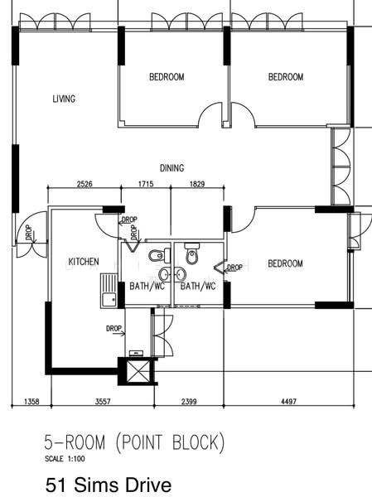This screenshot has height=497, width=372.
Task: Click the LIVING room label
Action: pyautogui.click(x=64, y=99)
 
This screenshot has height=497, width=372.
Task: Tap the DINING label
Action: pyautogui.click(x=172, y=168)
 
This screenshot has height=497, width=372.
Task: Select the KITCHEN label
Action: pyautogui.click(x=83, y=262)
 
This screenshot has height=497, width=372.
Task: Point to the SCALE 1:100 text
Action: pyautogui.click(x=64, y=458)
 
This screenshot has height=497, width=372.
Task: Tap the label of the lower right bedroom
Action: pyautogui.click(x=285, y=264)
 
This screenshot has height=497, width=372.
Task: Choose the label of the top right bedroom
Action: pyautogui.click(x=286, y=77)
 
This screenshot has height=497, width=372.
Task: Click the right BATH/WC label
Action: pyautogui.click(x=198, y=287)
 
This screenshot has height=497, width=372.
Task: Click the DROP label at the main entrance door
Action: pyautogui.click(x=30, y=234)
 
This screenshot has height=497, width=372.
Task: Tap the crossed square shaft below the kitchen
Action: pyautogui.click(x=138, y=369)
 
